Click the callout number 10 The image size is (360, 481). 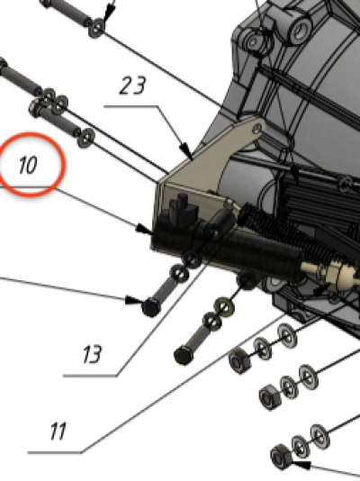point(28,165)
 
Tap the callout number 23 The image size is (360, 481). point(132,86)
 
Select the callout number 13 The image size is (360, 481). point(92,354)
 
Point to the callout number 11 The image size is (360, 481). point(58,431)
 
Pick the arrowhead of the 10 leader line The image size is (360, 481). point(144,229)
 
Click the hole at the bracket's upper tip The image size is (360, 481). point(257,128)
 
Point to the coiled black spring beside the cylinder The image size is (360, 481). point(294,233)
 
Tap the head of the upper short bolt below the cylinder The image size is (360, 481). point(150,307)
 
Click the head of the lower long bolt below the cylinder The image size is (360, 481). point(184,356)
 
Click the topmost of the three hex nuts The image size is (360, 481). point(239,362)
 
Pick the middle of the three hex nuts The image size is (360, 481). point(270,397)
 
